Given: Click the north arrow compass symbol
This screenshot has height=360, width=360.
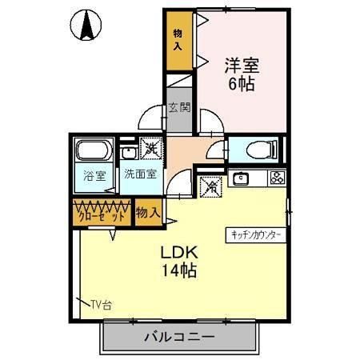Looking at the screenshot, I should point(87,26).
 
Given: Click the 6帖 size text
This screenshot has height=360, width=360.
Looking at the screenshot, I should point(241,83).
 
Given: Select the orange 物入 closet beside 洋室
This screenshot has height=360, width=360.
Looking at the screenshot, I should point(178,45).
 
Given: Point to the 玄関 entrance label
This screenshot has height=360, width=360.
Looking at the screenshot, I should point(178,108).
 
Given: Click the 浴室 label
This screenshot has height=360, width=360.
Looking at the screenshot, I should point(94,176).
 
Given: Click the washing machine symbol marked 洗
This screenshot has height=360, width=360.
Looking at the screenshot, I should point(150,148).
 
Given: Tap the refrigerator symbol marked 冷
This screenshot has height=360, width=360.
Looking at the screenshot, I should point(211,186).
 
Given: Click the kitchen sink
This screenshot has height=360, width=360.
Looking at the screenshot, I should point(242,178).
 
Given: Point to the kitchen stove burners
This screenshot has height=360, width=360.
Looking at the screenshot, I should point(277,178).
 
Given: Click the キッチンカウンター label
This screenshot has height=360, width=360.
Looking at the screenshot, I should point(256,234).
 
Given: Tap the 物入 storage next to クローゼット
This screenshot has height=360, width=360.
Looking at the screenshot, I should point(147,213).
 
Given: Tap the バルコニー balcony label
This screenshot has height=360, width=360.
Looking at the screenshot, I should point(179,337).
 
